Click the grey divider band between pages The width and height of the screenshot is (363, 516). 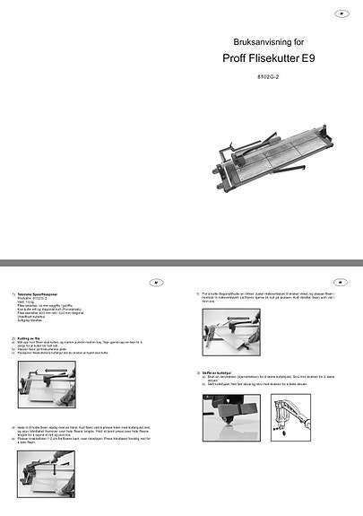click(181, 261)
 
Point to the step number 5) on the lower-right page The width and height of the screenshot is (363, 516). click(196, 293)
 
